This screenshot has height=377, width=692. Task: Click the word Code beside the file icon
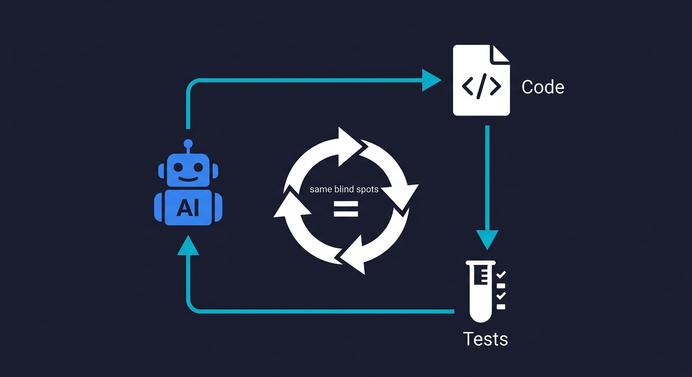543,87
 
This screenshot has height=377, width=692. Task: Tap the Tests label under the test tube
485,339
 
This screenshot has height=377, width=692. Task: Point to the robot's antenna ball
188,144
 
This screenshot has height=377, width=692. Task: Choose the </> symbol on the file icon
481,86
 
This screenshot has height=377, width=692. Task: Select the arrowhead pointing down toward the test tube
487,239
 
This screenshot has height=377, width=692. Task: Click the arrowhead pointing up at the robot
188,245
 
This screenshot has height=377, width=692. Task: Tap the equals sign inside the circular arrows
346,209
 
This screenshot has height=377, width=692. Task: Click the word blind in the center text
345,189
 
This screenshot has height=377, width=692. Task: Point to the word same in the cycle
321,189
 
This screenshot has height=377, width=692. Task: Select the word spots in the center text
367,189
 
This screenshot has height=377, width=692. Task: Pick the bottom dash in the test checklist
501,307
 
